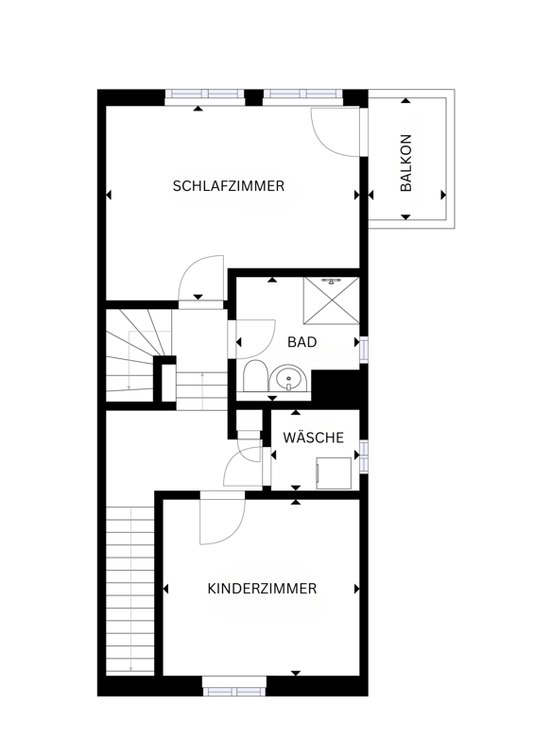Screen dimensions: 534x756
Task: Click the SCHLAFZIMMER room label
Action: (228, 186)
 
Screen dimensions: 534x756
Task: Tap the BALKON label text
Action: (406, 163)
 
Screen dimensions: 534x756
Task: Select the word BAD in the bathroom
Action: (302, 342)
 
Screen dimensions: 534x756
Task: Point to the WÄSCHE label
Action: (314, 438)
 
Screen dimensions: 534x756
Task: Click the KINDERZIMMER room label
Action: (262, 589)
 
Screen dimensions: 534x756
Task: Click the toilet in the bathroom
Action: (255, 376)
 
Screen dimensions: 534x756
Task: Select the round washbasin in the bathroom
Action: (288, 377)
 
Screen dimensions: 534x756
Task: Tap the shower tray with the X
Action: (332, 300)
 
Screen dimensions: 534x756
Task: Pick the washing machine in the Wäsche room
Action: (334, 473)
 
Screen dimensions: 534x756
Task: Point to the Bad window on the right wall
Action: (364, 350)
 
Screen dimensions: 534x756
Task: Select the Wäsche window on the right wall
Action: (364, 456)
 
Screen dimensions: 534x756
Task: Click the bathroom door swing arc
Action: (266, 345)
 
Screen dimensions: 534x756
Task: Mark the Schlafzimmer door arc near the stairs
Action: (191, 270)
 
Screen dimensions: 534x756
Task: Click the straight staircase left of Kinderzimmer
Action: (130, 590)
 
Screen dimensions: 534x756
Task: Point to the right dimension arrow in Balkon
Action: (443, 196)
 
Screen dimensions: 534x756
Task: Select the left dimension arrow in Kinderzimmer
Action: (166, 589)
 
